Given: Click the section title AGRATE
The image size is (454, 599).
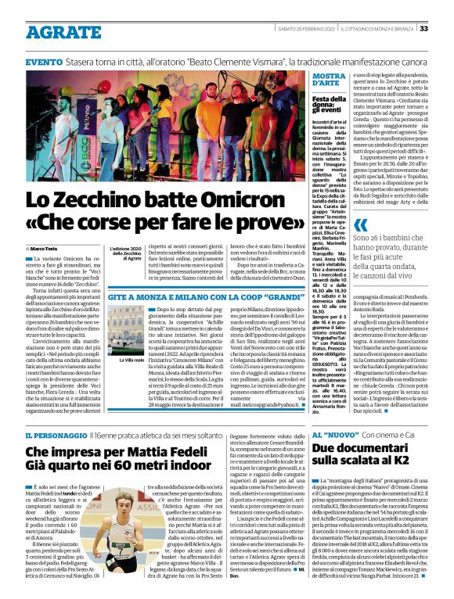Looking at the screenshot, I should pos(55,27).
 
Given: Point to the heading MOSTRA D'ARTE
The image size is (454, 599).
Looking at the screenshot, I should pos(330,79).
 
